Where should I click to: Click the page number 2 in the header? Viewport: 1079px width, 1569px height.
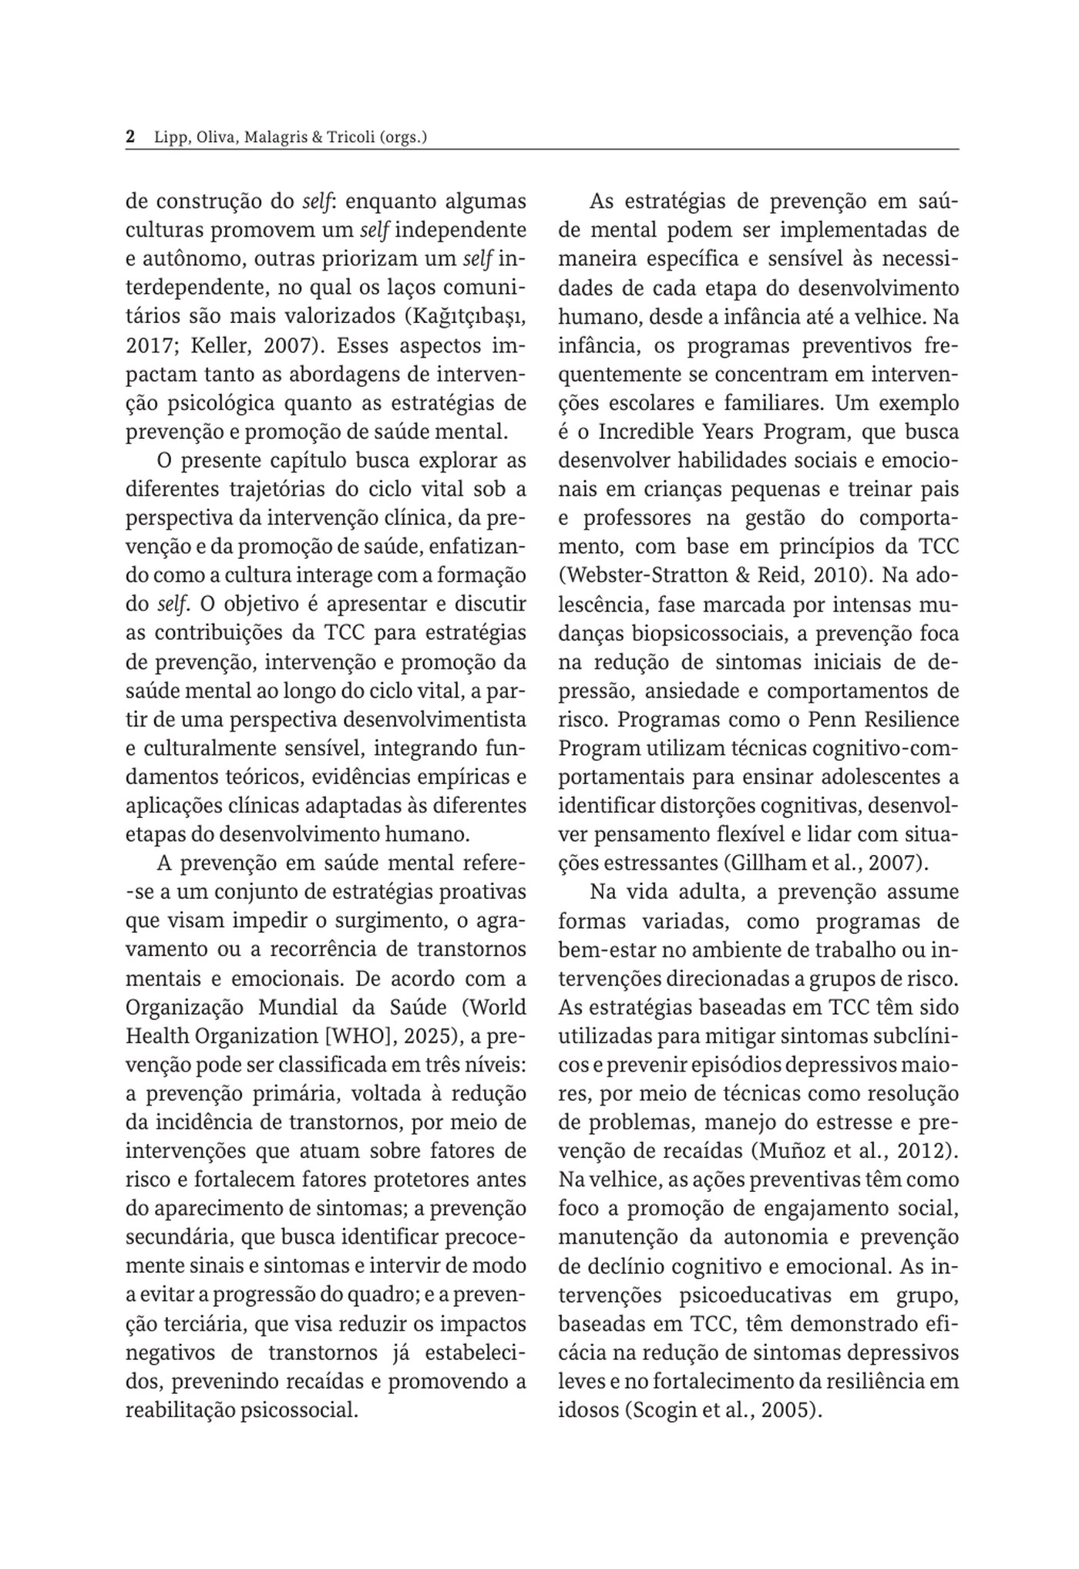(x=130, y=137)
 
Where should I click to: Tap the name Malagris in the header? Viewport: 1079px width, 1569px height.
(x=274, y=138)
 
